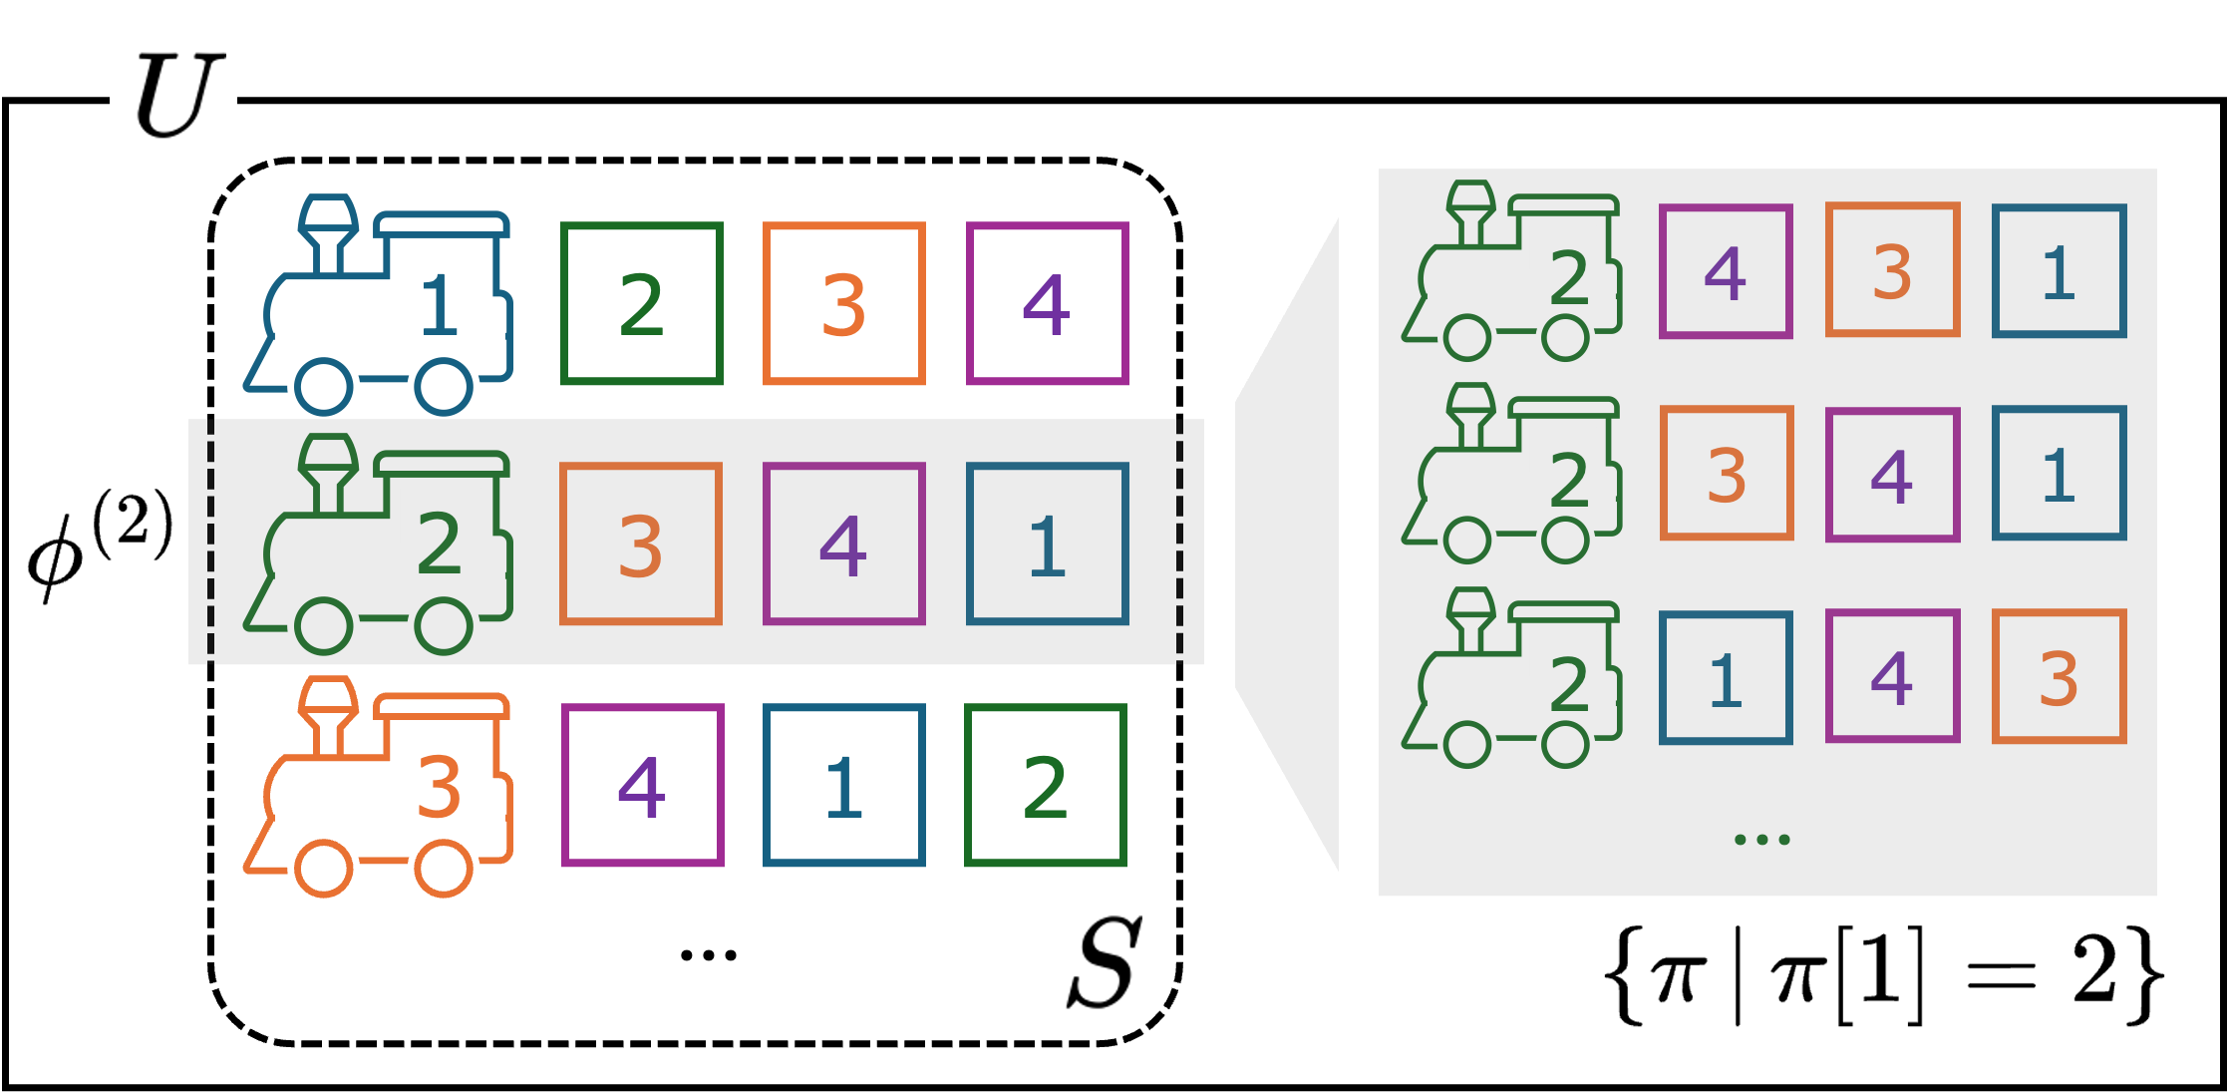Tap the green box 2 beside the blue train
tap(641, 303)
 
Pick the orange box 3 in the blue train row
tap(843, 303)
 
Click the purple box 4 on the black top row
tap(1047, 303)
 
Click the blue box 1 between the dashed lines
tap(1047, 545)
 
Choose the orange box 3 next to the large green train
tap(641, 545)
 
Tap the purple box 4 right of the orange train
tap(642, 786)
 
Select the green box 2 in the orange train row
tap(1045, 786)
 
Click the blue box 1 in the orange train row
tap(843, 786)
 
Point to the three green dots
tap(1761, 840)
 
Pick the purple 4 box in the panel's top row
tap(1726, 271)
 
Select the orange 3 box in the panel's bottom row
tap(2059, 677)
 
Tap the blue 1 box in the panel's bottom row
tap(1726, 678)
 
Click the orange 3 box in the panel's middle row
tap(1726, 474)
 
